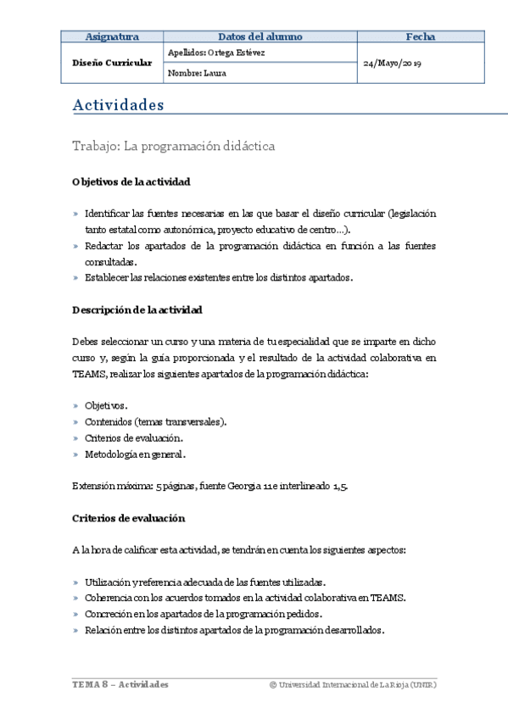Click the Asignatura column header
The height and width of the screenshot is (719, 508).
click(x=112, y=36)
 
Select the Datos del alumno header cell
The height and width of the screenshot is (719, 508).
click(x=260, y=36)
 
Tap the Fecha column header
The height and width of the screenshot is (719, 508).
click(x=420, y=36)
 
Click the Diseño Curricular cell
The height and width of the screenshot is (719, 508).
click(x=112, y=63)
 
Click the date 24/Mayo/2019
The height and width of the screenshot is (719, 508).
click(x=393, y=64)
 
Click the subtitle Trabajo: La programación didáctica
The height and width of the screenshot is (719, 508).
click(x=174, y=146)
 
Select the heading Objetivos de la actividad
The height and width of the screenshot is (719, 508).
click(x=131, y=181)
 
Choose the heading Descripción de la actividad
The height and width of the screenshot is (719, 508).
click(x=137, y=309)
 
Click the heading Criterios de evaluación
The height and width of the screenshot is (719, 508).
click(x=128, y=517)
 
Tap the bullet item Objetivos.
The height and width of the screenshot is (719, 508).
click(x=106, y=406)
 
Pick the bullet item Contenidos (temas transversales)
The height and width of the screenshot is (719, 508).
click(x=155, y=421)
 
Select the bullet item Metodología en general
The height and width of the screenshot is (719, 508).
click(x=135, y=454)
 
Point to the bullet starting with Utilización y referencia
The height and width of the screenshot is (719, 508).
click(x=204, y=582)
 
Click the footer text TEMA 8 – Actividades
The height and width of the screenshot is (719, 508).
click(x=120, y=684)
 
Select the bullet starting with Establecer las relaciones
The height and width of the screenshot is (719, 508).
click(x=218, y=277)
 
